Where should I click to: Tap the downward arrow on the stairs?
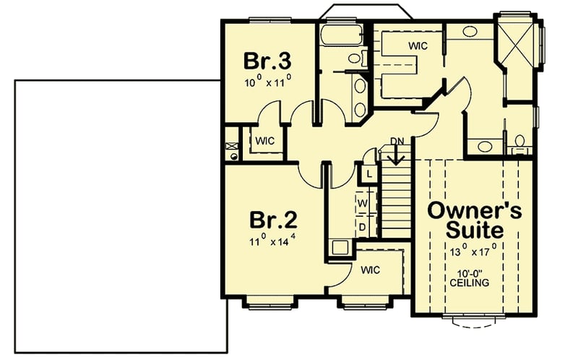pyautogui.click(x=395, y=155)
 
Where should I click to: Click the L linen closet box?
pyautogui.click(x=368, y=174)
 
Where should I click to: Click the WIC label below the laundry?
pyautogui.click(x=369, y=270)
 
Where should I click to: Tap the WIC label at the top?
pyautogui.click(x=418, y=46)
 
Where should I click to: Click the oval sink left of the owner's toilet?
pyautogui.click(x=486, y=147)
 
